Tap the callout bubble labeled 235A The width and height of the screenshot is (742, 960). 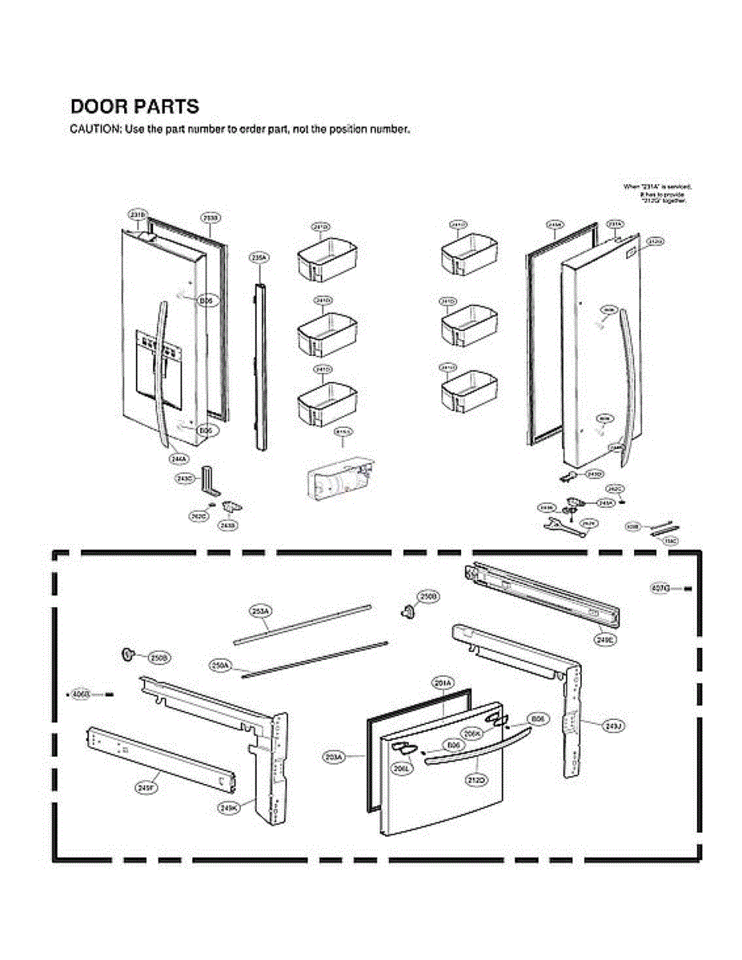[x=259, y=258]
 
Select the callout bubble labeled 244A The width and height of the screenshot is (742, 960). [x=178, y=458]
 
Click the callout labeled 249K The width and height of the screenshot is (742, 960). [x=228, y=808]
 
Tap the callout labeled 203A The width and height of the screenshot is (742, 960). [x=334, y=756]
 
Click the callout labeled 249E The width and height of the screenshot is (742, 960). [x=604, y=640]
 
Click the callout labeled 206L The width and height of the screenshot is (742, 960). [x=402, y=768]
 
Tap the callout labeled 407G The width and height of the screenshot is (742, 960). [x=660, y=589]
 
